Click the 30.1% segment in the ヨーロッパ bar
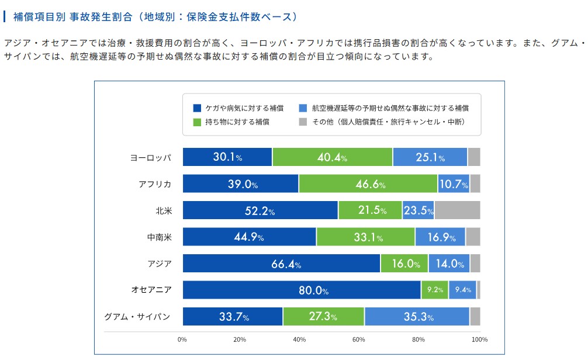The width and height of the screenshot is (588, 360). [x=227, y=157]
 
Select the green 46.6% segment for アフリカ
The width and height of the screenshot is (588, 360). [x=368, y=184]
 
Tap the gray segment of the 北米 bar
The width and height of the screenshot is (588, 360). [x=457, y=210]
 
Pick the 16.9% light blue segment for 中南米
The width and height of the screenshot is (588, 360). [x=440, y=237]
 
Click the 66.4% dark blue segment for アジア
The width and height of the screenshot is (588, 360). [x=282, y=264]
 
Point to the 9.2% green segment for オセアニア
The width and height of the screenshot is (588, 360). [x=434, y=290]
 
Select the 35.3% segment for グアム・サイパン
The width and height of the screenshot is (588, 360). [x=417, y=317]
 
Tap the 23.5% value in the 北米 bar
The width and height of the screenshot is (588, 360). [x=418, y=210]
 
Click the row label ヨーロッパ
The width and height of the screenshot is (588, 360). [x=151, y=158]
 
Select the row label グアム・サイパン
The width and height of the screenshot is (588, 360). [x=137, y=317]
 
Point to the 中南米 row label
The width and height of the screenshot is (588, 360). [x=159, y=237]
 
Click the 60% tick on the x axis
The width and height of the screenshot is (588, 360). [x=359, y=340]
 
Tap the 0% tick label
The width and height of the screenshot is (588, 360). [x=182, y=340]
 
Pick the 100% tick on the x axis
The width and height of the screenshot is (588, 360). [x=479, y=340]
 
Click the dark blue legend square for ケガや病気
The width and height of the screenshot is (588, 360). [x=197, y=108]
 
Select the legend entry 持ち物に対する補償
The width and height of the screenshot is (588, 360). [x=237, y=122]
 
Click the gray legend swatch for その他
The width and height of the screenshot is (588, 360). [x=303, y=122]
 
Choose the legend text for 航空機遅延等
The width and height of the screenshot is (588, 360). [x=390, y=108]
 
